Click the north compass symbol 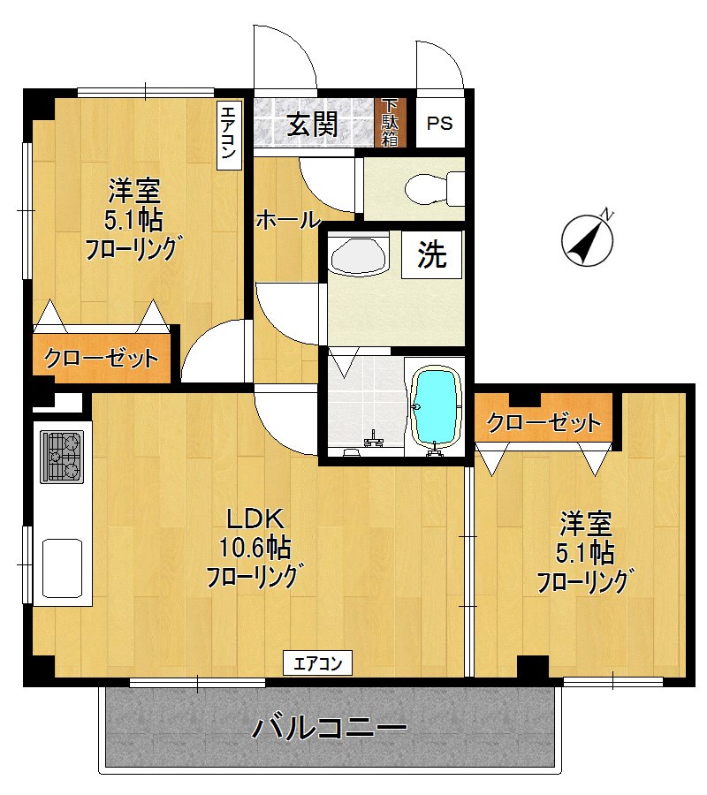589,239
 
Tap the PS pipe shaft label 440,123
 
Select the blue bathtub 437,408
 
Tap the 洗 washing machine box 432,255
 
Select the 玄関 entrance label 311,124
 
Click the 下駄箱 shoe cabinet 390,122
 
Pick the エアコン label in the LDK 317,662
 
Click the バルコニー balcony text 330,729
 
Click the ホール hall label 287,220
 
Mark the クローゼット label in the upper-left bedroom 102,359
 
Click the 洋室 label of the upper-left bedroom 134,189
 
